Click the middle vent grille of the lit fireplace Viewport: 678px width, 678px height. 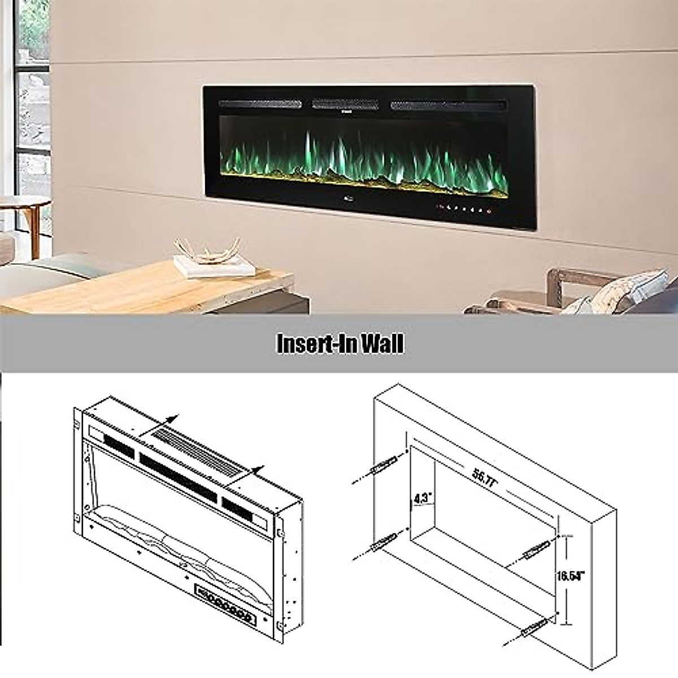tap(347, 104)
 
